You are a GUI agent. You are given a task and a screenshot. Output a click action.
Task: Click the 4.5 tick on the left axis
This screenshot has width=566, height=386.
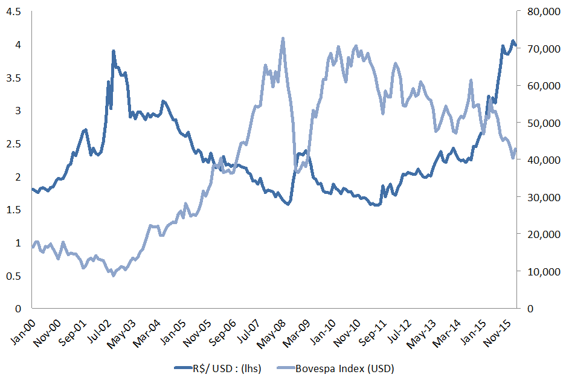pyautogui.click(x=13, y=11)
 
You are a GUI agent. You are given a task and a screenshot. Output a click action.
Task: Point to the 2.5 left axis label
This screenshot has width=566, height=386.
pyautogui.click(x=13, y=144)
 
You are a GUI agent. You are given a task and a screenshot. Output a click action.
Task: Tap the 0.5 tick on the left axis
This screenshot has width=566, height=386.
pyautogui.click(x=13, y=276)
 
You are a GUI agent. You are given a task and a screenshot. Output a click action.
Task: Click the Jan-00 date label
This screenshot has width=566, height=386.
pyautogui.click(x=23, y=332)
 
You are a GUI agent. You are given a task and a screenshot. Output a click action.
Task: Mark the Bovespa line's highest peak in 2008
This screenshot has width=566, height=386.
pyautogui.click(x=283, y=39)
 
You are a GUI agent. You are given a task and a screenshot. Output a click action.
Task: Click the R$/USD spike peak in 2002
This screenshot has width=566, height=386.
pyautogui.click(x=113, y=51)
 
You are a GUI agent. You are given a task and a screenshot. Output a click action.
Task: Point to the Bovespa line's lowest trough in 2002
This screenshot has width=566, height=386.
pyautogui.click(x=112, y=275)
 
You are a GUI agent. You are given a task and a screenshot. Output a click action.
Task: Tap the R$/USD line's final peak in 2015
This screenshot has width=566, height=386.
pyautogui.click(x=513, y=41)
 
